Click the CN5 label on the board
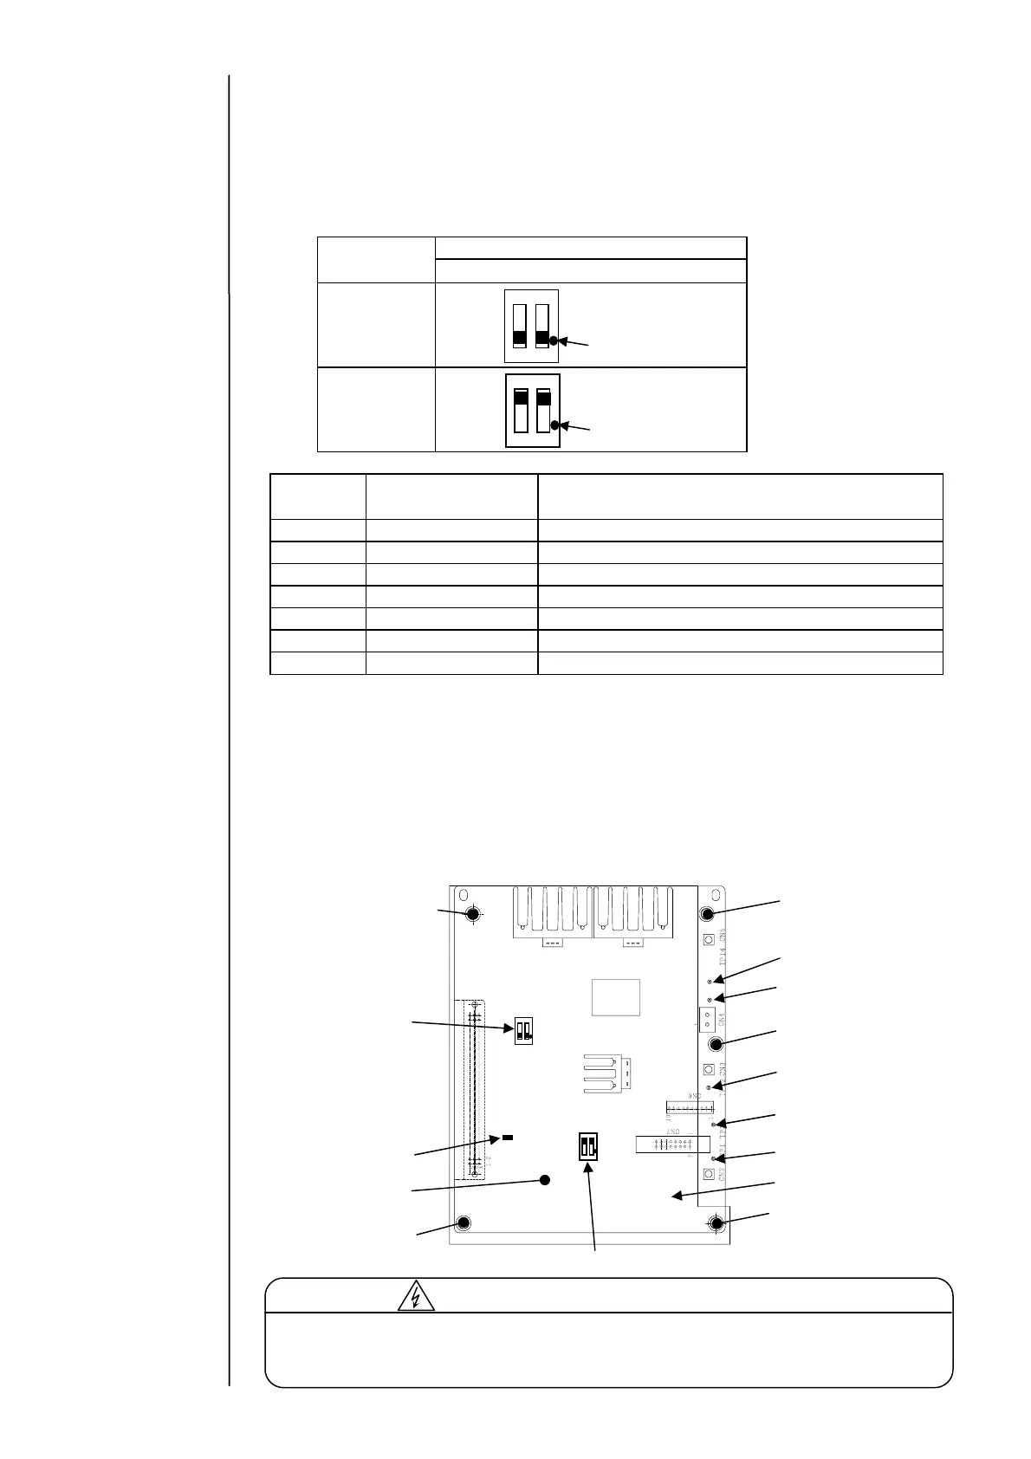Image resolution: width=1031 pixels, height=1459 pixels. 723,937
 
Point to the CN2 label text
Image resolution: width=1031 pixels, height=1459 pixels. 723,1174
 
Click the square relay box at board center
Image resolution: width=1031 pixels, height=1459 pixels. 616,997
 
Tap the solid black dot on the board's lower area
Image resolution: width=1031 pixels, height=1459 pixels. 546,1179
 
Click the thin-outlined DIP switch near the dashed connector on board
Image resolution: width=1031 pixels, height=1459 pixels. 523,1030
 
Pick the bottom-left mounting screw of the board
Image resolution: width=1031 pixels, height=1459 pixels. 463,1223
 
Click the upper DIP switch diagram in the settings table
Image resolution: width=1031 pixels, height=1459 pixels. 531,326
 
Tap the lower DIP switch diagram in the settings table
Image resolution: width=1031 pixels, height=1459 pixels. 532,411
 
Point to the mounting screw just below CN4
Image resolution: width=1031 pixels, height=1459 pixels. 717,1044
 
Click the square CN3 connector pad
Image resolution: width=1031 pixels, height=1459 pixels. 708,1069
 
